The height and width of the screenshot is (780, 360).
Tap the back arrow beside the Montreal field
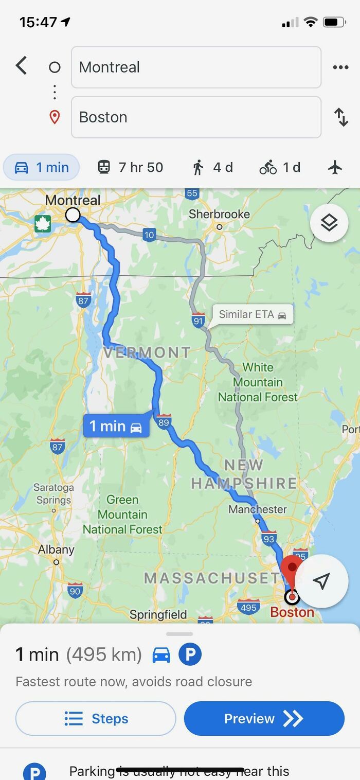pyautogui.click(x=21, y=66)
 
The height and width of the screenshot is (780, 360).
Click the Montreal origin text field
pyautogui.click(x=196, y=67)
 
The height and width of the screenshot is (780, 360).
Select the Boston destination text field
pyautogui.click(x=196, y=117)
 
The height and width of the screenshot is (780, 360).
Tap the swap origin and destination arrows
pyautogui.click(x=341, y=117)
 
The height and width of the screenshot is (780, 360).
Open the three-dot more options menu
pyautogui.click(x=340, y=67)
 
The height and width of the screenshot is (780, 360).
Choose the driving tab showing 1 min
pyautogui.click(x=42, y=167)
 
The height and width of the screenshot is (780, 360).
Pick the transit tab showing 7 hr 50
pyautogui.click(x=130, y=167)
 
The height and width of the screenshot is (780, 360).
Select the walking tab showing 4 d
pyautogui.click(x=212, y=167)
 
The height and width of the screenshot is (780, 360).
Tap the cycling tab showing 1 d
pyautogui.click(x=280, y=167)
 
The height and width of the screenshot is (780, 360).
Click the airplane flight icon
pyautogui.click(x=335, y=167)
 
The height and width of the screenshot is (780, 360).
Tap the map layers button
pyautogui.click(x=329, y=223)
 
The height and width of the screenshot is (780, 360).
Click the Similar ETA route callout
pyautogui.click(x=253, y=314)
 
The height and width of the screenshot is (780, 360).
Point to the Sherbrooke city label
pyautogui.click(x=219, y=214)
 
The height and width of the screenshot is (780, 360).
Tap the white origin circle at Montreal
pyautogui.click(x=73, y=215)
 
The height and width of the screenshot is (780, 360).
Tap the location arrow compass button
pyautogui.click(x=321, y=581)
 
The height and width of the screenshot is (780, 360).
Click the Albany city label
pyautogui.click(x=56, y=549)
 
